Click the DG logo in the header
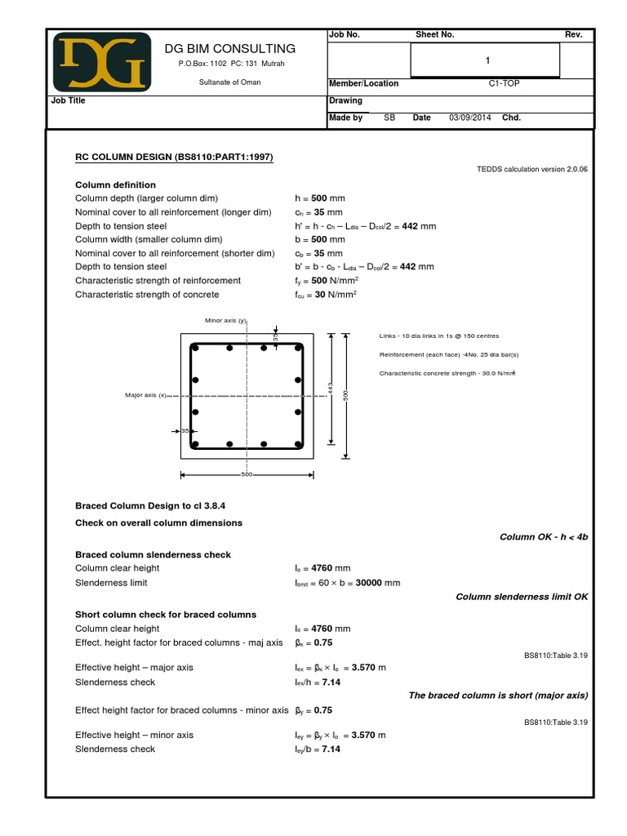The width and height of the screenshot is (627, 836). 102,62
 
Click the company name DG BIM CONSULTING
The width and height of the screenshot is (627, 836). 230,49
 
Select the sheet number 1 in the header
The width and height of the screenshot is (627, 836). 487,60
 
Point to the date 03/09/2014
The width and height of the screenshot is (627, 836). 470,118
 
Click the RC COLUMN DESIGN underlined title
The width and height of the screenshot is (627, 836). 174,156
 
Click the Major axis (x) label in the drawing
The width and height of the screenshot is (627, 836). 145,395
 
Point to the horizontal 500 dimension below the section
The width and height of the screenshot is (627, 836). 247,474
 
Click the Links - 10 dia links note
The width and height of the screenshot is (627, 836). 439,336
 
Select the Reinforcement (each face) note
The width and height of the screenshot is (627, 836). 449,354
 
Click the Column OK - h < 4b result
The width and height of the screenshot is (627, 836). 543,537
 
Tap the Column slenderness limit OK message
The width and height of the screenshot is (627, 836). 521,597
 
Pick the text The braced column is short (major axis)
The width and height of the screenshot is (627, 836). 498,696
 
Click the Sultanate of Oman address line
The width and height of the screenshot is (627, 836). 230,82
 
